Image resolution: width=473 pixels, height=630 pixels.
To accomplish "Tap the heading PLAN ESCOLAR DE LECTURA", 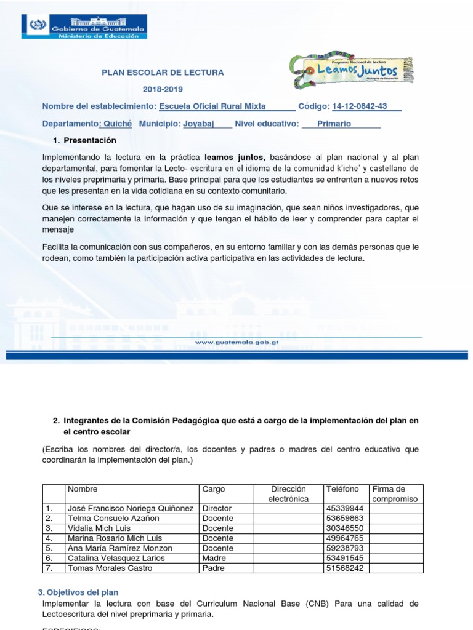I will tap(163, 73).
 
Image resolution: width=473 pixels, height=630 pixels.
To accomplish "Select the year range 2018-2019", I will tap(163, 89).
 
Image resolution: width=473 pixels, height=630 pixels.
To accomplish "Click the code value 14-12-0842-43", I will tap(359, 106).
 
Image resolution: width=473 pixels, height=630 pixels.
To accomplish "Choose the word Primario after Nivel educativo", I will tap(334, 124).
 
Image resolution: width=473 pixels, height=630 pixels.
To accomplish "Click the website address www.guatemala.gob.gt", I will tap(236, 341).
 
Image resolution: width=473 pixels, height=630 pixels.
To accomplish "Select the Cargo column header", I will tap(214, 490).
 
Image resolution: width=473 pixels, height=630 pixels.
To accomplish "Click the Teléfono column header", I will tap(342, 490).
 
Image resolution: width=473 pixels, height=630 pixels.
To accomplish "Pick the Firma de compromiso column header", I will tap(394, 494).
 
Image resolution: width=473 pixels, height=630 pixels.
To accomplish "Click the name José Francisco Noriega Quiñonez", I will tap(131, 509).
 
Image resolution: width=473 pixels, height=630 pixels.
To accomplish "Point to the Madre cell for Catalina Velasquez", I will tap(214, 558).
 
